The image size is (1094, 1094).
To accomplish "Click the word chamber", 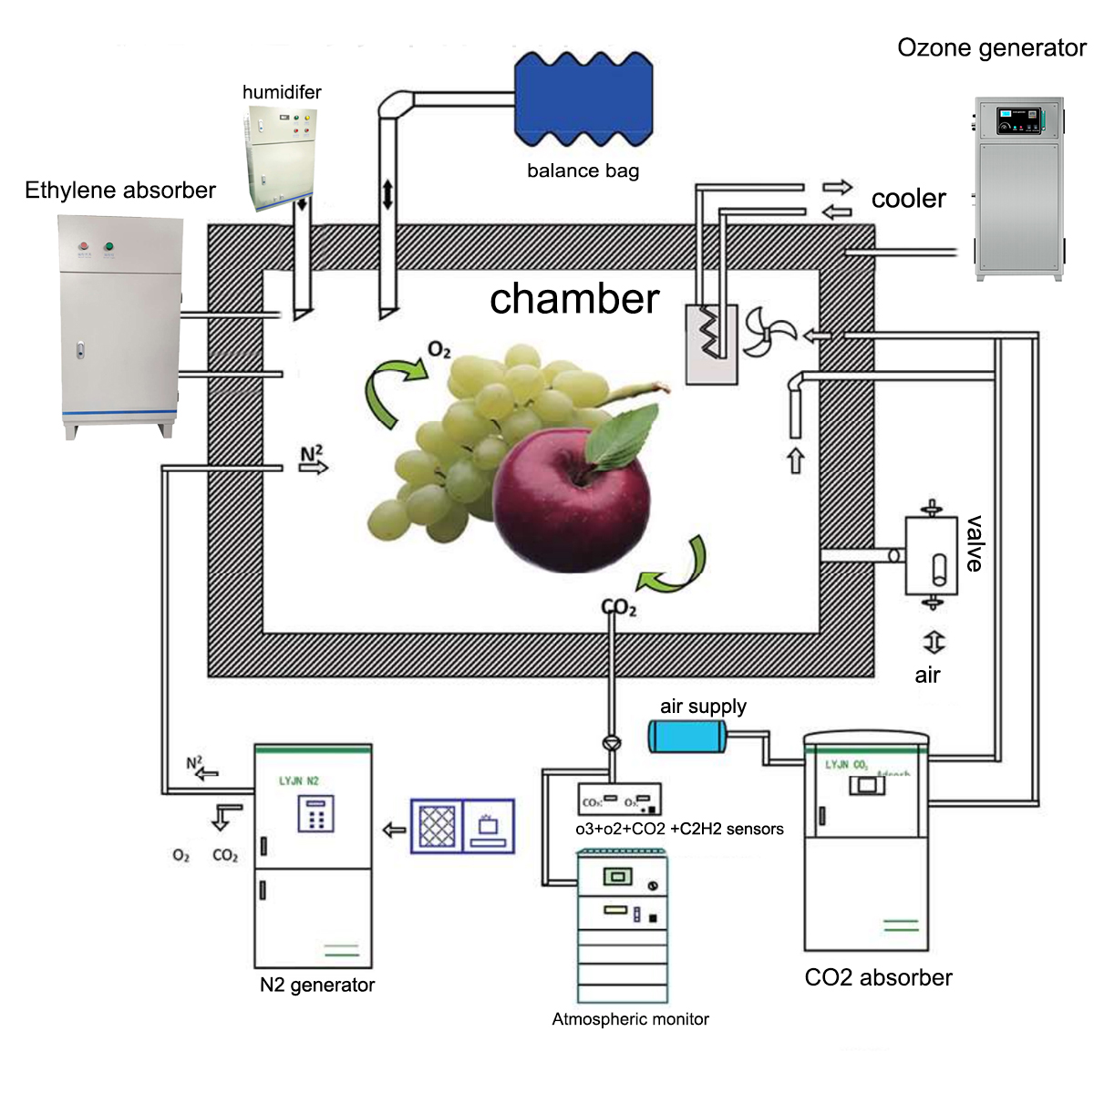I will pyautogui.click(x=574, y=299).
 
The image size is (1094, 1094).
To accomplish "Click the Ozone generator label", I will pyautogui.click(x=991, y=47).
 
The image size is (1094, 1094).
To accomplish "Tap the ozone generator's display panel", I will pyautogui.click(x=1019, y=119).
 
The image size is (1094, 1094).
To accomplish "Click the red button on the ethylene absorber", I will pyautogui.click(x=84, y=246).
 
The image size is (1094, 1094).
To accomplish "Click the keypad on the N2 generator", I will pyautogui.click(x=316, y=814).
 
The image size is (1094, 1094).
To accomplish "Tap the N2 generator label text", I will pyautogui.click(x=317, y=985).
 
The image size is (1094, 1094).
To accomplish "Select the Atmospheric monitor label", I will pyautogui.click(x=630, y=1019).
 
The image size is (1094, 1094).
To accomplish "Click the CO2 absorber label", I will pyautogui.click(x=878, y=977).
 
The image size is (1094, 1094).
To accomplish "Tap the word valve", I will pyautogui.click(x=975, y=543).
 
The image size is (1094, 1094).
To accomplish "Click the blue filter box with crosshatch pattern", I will pyautogui.click(x=437, y=826).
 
